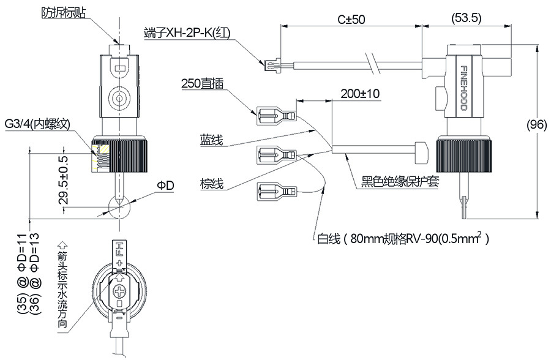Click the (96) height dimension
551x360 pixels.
536,125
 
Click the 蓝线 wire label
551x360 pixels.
211,140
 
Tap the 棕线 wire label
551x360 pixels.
211,183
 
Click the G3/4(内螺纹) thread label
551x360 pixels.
37,124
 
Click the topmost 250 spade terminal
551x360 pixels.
276,114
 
